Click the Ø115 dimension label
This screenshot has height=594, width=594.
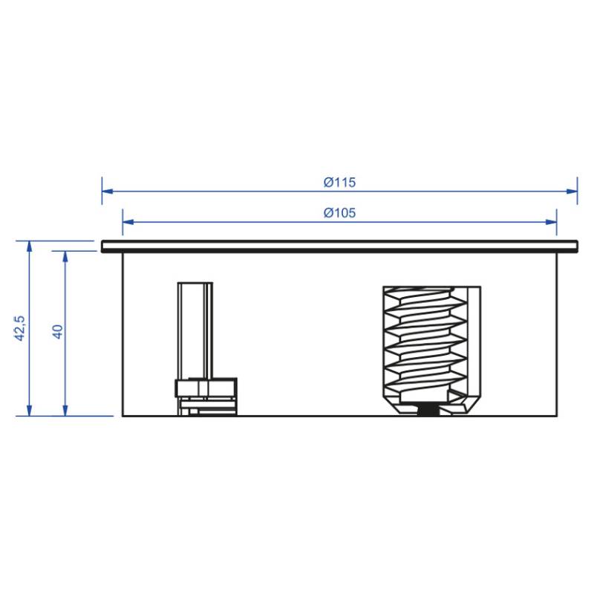[x=340, y=182]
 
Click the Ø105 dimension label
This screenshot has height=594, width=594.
[x=340, y=213]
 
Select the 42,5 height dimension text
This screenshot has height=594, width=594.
[x=20, y=328]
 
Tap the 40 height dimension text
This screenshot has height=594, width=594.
[x=57, y=332]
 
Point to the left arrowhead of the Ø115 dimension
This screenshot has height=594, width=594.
[x=108, y=192]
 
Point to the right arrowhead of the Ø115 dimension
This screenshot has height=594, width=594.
[x=572, y=192]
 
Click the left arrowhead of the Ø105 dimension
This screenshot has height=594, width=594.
[x=128, y=222]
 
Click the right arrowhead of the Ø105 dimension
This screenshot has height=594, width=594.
[x=551, y=222]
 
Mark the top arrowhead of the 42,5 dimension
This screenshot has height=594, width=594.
[x=29, y=247]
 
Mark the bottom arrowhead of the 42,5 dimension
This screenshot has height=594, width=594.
[x=29, y=411]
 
